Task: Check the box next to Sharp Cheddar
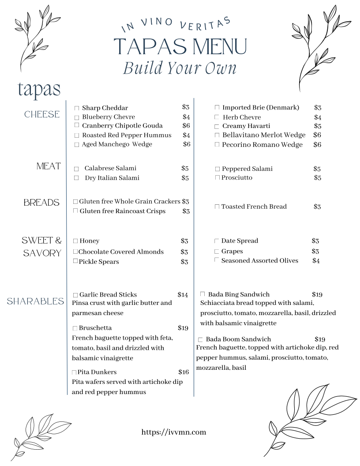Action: (77, 108)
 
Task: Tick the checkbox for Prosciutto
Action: (217, 177)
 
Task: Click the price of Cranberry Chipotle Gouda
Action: (186, 126)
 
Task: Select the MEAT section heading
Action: (49, 166)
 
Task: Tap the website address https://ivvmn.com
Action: (174, 432)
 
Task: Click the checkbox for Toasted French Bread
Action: (217, 207)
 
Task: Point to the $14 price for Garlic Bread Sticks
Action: (183, 295)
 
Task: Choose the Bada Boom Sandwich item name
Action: (238, 339)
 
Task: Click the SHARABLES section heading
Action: (36, 301)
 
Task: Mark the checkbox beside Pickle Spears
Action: (75, 261)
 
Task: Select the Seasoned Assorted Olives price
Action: (316, 261)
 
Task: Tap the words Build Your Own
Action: (180, 68)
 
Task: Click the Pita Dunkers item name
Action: (97, 372)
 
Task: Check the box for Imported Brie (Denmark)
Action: (217, 108)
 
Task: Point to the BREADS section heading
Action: (41, 203)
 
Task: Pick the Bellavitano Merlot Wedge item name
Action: (264, 135)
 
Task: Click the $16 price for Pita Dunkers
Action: (184, 372)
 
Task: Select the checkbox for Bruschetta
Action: (75, 328)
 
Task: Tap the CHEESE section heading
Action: (42, 114)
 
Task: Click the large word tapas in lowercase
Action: (39, 90)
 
